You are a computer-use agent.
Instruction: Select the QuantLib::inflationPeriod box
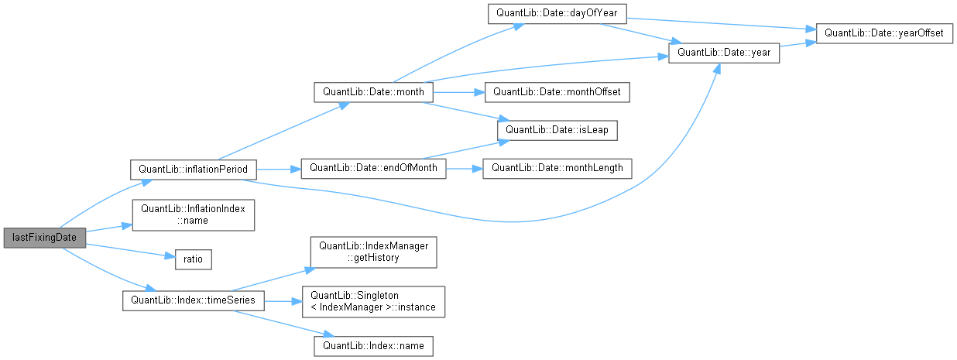click(194, 168)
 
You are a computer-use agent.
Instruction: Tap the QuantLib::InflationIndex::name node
click(194, 215)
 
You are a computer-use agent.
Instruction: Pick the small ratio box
click(194, 259)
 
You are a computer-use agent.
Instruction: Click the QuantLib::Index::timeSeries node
click(194, 300)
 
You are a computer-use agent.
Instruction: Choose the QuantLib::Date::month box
click(373, 92)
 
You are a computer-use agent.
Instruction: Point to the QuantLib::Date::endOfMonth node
click(373, 168)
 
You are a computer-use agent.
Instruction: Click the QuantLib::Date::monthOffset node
click(557, 92)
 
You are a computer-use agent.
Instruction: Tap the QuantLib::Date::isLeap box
click(557, 130)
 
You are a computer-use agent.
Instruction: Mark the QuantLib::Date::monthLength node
click(557, 168)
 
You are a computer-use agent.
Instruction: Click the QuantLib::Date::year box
click(724, 53)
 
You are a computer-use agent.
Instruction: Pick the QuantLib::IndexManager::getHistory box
click(373, 252)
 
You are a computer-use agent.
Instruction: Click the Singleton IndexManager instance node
click(373, 300)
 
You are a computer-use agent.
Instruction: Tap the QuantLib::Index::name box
click(373, 345)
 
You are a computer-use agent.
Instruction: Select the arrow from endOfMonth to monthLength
click(465, 168)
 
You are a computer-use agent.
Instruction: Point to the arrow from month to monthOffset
click(458, 92)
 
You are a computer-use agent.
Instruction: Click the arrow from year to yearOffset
click(797, 44)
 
